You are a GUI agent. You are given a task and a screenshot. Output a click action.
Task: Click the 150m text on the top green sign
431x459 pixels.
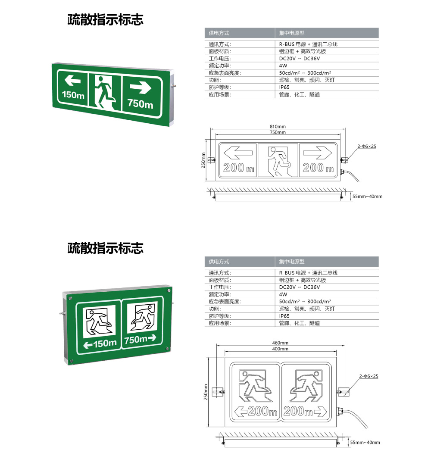[73, 95]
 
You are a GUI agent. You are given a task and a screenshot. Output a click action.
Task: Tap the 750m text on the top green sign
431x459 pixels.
[140, 104]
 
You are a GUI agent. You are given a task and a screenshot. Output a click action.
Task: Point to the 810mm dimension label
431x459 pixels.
[278, 126]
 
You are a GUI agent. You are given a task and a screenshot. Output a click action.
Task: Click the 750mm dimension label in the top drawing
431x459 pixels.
[278, 132]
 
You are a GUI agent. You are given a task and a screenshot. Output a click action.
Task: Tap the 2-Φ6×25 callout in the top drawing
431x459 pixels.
[367, 147]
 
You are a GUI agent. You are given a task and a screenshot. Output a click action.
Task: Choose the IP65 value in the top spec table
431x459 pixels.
[284, 87]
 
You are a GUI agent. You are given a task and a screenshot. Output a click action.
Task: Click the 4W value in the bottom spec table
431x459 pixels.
[283, 294]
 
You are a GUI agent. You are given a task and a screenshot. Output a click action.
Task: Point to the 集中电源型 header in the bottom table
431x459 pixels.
[292, 262]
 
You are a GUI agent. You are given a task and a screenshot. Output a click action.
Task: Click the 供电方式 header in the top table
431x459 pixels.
[219, 33]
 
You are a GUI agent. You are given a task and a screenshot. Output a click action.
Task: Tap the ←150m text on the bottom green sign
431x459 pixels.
[100, 343]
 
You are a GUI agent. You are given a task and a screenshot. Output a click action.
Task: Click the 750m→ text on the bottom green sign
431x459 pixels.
[141, 340]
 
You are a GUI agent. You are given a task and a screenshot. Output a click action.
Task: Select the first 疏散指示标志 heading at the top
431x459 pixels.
[105, 20]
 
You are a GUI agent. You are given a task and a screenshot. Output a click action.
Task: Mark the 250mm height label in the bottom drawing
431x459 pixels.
[206, 392]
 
